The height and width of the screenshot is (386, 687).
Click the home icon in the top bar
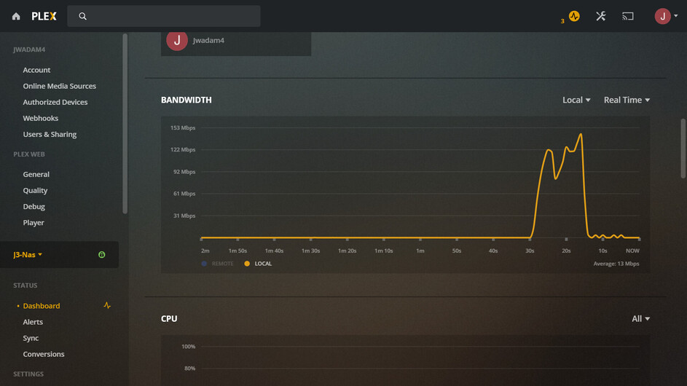point(16,16)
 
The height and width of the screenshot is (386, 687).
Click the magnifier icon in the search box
point(83,16)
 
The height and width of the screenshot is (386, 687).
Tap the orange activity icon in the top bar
point(574,16)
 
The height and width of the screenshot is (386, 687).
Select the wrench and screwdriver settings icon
point(601,16)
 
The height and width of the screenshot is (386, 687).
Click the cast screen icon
point(628,16)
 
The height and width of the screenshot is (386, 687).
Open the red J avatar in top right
point(663,16)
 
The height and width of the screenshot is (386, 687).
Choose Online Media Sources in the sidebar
point(59,86)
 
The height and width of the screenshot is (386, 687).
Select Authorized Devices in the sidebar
point(55,102)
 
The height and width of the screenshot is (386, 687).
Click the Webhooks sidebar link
point(40,118)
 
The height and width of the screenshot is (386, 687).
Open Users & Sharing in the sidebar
point(50,134)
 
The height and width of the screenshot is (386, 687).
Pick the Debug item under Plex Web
point(34,206)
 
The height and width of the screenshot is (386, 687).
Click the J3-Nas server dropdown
point(28,255)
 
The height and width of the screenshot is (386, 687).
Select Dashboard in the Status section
point(42,306)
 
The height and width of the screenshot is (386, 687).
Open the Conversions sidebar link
point(43,354)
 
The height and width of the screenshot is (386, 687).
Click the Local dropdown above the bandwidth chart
point(576,100)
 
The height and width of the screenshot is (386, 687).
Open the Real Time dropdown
point(627,100)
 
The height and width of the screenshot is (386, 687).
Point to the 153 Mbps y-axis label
point(183,128)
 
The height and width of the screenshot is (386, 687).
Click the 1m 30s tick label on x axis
point(310,251)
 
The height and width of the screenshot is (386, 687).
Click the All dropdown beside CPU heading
point(640,319)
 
